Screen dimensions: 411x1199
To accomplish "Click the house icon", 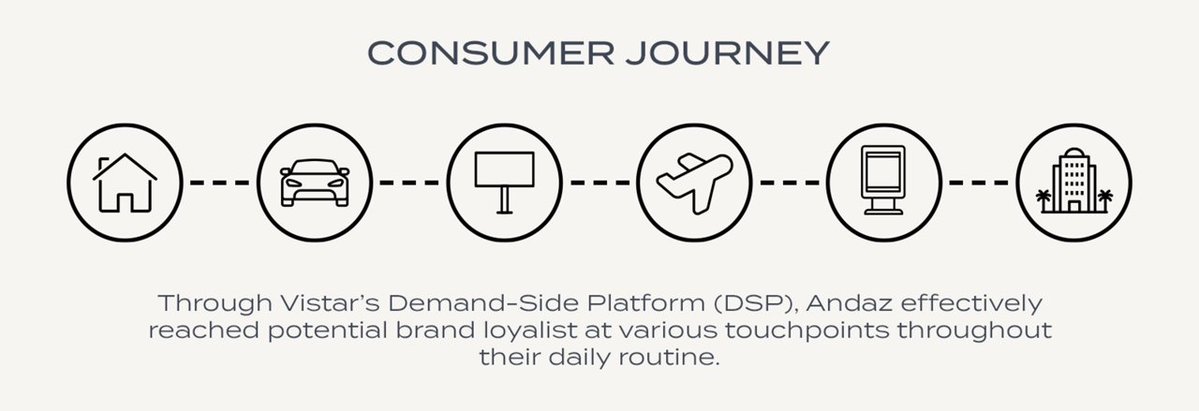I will [x=125, y=182].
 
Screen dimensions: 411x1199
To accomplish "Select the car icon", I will [x=315, y=182].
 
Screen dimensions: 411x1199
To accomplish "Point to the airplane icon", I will [x=694, y=181].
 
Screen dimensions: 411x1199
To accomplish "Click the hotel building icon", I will [x=1073, y=182].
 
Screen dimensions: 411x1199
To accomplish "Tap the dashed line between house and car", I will [x=220, y=182].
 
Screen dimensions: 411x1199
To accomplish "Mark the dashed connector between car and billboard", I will [x=409, y=182].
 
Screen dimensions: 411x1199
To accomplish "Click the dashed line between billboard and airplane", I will [x=599, y=182].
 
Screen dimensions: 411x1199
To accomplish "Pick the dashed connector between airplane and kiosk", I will [x=789, y=182].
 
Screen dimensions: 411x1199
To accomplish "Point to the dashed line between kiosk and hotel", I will [x=979, y=182].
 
